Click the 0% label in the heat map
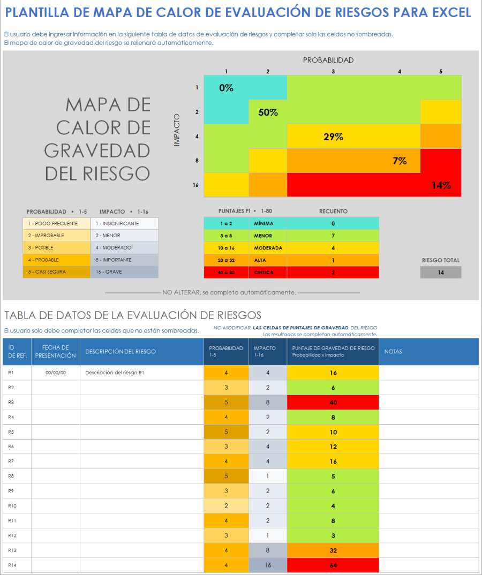[226, 88]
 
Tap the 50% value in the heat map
[268, 112]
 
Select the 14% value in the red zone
[441, 186]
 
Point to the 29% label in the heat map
[333, 137]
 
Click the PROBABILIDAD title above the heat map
[328, 60]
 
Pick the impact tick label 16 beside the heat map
[195, 185]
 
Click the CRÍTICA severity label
[264, 273]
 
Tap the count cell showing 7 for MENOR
[333, 236]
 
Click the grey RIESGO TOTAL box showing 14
[441, 273]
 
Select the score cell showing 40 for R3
[333, 402]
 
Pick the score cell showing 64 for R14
[333, 565]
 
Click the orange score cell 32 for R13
[333, 550]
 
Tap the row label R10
[13, 506]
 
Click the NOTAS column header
[393, 352]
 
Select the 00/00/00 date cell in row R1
[56, 373]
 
